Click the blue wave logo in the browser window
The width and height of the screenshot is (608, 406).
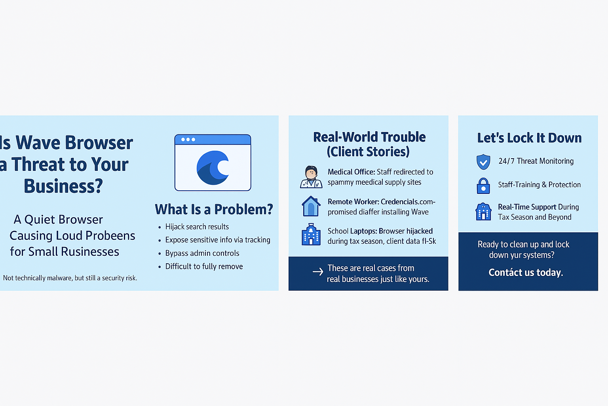pyautogui.click(x=213, y=168)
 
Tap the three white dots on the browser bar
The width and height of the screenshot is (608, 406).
pyautogui.click(x=188, y=140)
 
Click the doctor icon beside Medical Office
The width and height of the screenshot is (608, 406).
pyautogui.click(x=311, y=177)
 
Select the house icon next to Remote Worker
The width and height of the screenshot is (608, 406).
pyautogui.click(x=311, y=206)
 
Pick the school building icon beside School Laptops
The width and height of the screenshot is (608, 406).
pyautogui.click(x=311, y=235)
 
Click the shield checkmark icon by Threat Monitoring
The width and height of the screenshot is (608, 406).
pyautogui.click(x=483, y=162)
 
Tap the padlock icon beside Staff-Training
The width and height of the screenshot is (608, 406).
pyautogui.click(x=483, y=186)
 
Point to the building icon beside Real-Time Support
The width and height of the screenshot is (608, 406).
pyautogui.click(x=483, y=212)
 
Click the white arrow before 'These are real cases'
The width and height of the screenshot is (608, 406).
pyautogui.click(x=318, y=272)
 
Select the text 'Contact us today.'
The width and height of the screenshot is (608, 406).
pyautogui.click(x=526, y=272)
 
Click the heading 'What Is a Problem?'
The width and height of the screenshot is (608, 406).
pyautogui.click(x=214, y=209)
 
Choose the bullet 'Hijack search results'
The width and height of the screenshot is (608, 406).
pyautogui.click(x=197, y=227)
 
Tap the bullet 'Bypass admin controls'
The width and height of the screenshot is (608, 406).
pyautogui.click(x=202, y=253)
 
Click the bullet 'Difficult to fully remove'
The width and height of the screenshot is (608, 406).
pyautogui.click(x=204, y=266)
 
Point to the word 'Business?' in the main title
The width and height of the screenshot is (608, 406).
pyautogui.click(x=63, y=186)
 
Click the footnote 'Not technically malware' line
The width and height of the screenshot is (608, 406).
pyautogui.click(x=70, y=278)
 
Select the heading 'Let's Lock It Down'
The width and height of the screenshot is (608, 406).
pyautogui.click(x=529, y=138)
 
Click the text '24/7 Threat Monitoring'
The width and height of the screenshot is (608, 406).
pyautogui.click(x=536, y=161)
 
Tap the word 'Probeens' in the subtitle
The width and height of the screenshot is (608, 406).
pyautogui.click(x=110, y=236)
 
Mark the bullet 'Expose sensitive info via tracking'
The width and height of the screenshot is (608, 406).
pyautogui.click(x=218, y=240)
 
